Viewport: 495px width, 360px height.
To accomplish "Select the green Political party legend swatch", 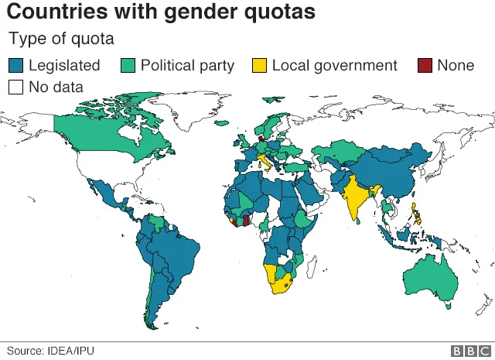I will click(129, 65).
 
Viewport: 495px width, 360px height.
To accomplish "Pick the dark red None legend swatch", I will click(425, 65).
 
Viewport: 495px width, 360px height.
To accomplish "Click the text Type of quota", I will click(61, 39).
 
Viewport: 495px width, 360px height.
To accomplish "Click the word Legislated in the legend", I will click(64, 65).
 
